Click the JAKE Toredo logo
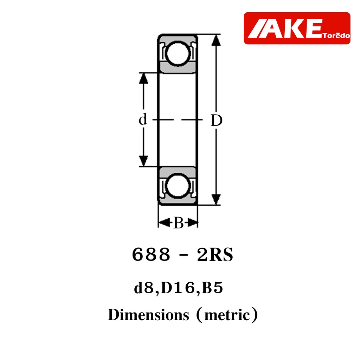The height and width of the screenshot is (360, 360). pos(297,28)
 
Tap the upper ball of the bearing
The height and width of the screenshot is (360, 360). pos(178,54)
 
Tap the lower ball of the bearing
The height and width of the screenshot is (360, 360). pos(178,186)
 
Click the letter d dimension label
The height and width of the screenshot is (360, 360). pos(143,119)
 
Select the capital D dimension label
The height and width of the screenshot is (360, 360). pos(217,121)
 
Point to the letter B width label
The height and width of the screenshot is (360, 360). pos(179,223)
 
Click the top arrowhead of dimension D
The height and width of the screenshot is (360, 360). pos(216,40)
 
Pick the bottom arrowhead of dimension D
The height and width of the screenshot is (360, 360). pos(216,199)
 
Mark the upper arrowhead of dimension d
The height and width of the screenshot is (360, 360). pos(143,78)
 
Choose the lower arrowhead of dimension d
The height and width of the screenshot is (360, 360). pos(143,161)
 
